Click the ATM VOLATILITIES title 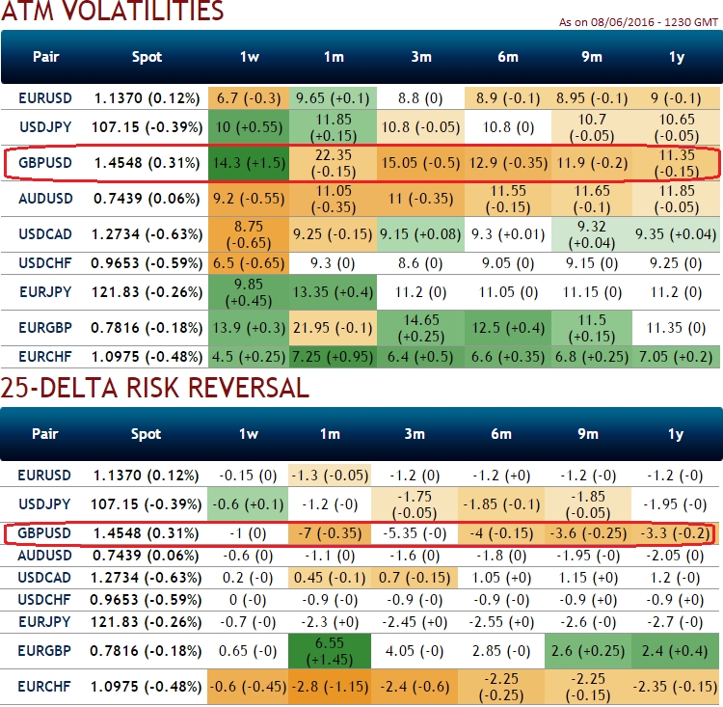click(113, 13)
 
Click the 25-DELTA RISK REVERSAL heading click(154, 388)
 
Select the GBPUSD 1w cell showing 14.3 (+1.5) click(249, 164)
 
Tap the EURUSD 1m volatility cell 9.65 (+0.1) click(333, 97)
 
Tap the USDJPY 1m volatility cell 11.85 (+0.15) click(333, 127)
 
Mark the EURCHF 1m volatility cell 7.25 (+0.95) click(333, 357)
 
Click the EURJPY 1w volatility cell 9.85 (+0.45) click(249, 291)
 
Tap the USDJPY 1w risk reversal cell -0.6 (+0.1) click(249, 504)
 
